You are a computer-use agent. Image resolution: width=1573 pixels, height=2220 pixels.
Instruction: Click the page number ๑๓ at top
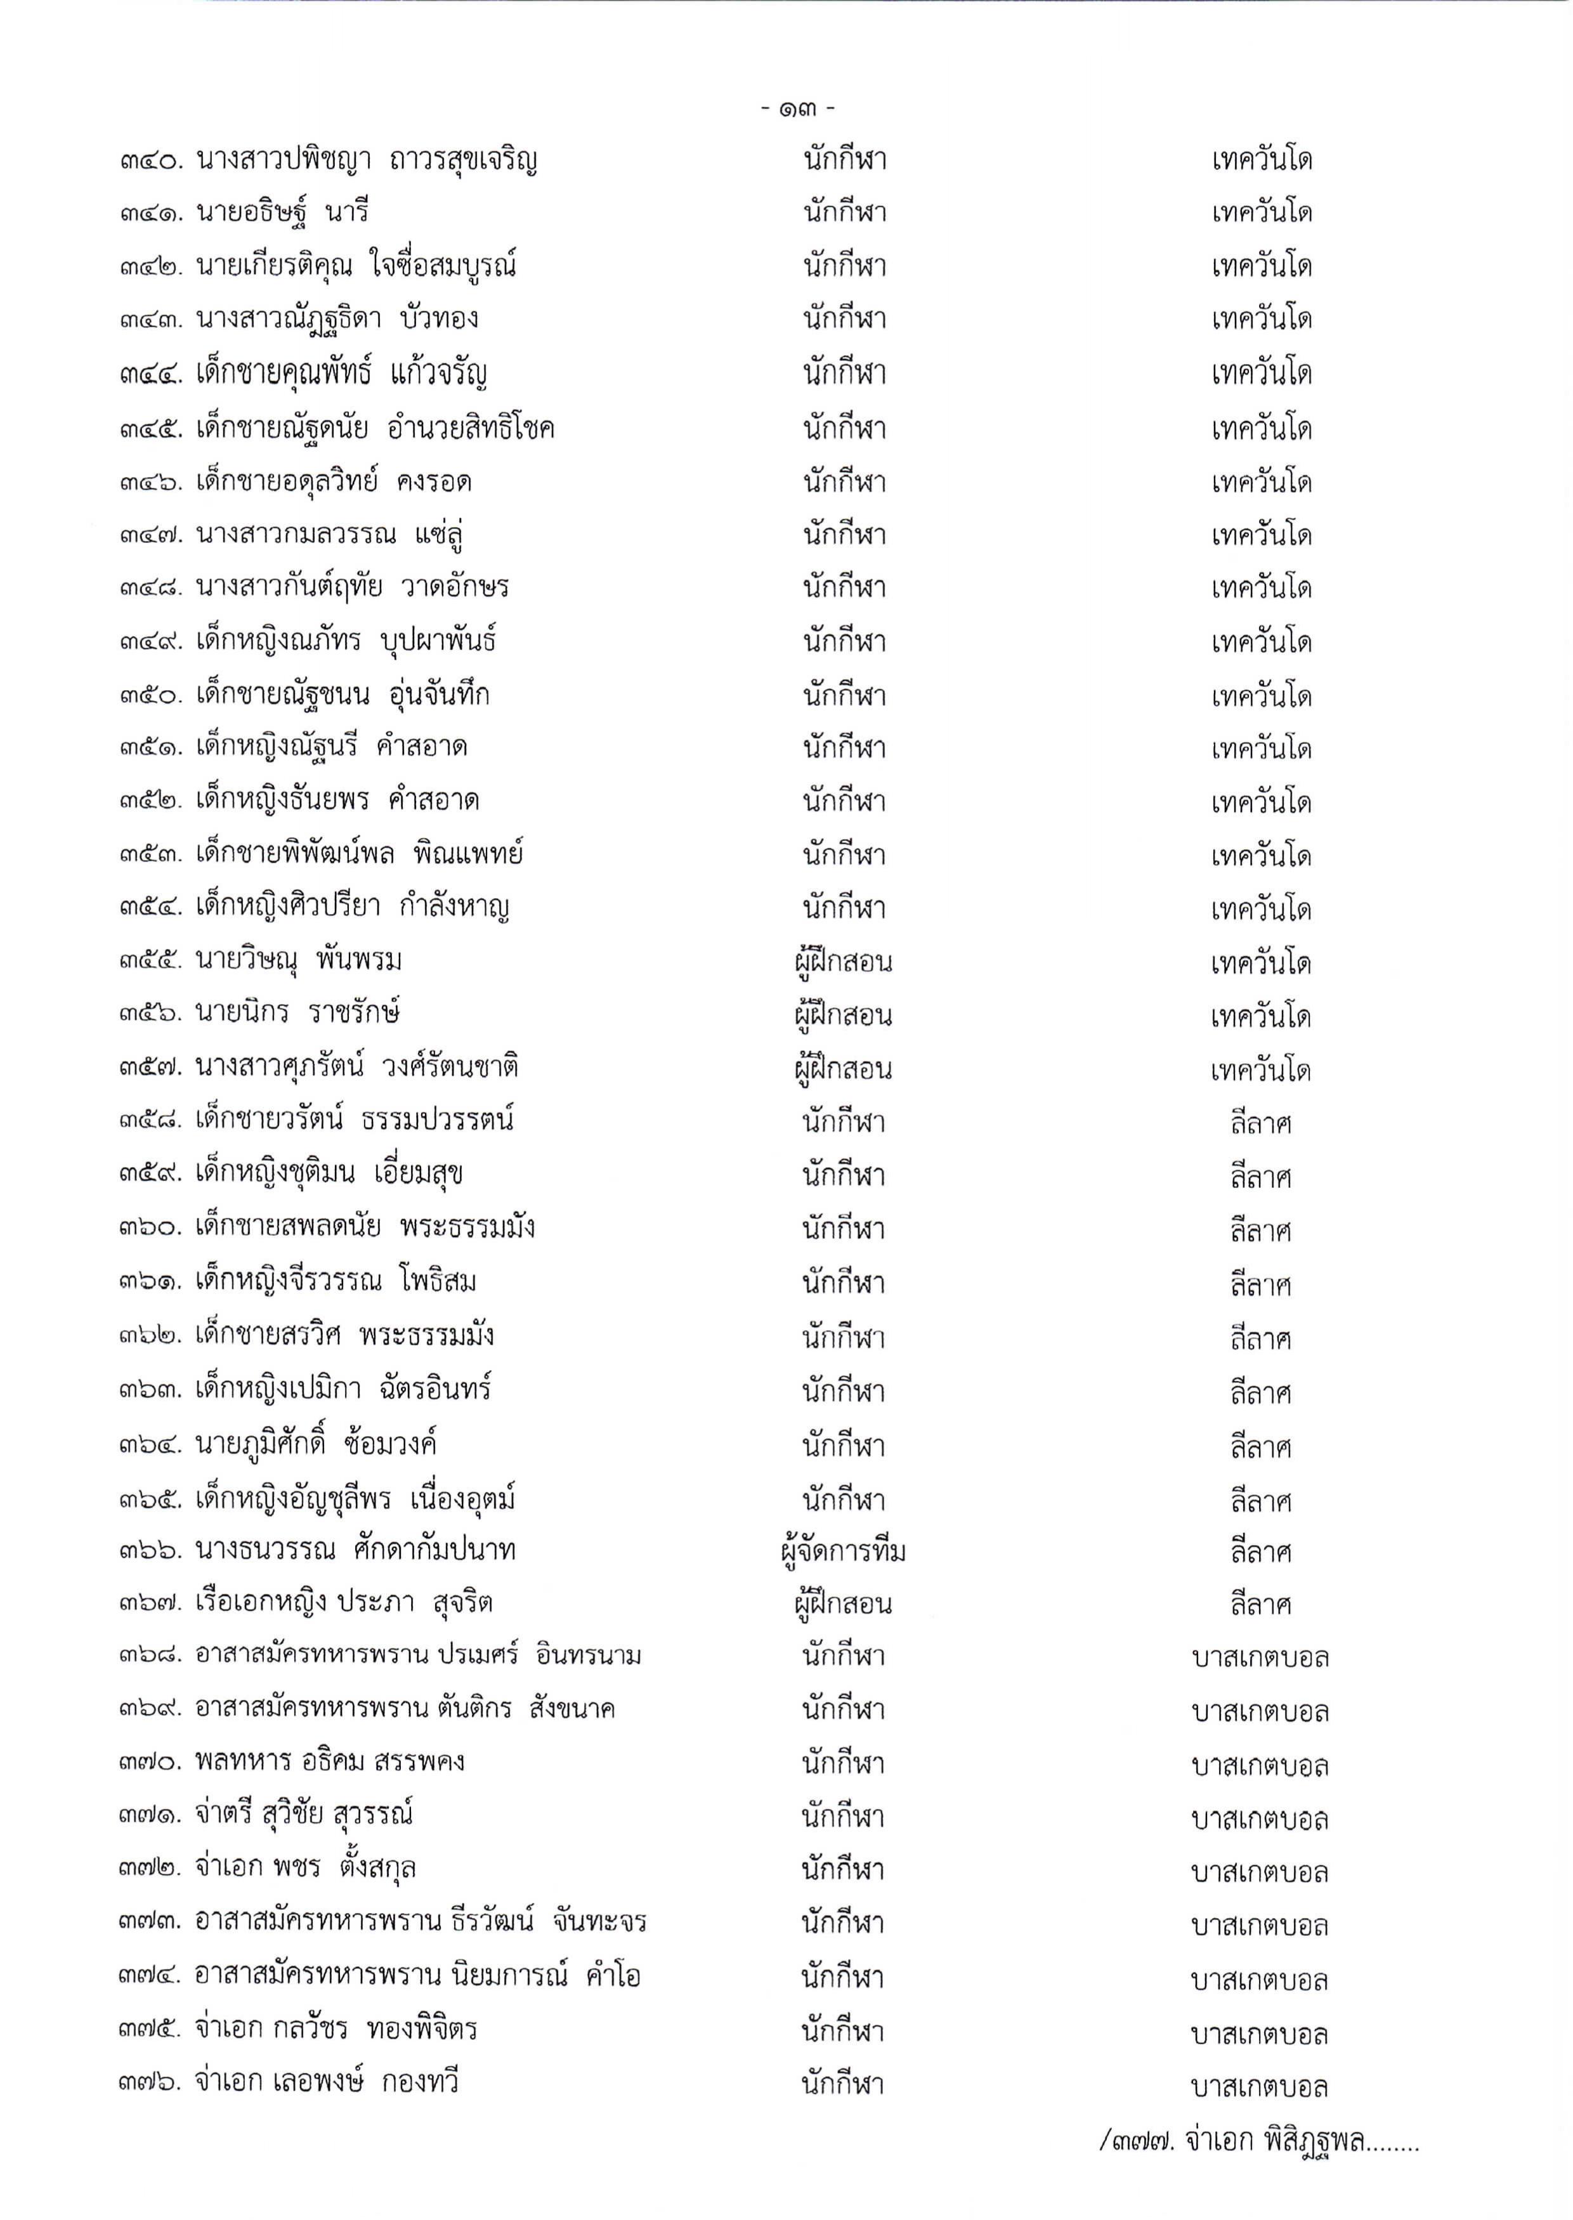[797, 108]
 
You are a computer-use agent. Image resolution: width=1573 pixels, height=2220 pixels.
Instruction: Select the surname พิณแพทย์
[468, 854]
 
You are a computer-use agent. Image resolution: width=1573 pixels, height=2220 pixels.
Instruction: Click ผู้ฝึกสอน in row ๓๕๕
[842, 962]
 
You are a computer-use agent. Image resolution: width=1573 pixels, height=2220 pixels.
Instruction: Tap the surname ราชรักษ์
[355, 1013]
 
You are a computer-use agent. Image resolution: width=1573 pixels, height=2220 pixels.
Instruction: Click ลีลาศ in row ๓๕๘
[1260, 1123]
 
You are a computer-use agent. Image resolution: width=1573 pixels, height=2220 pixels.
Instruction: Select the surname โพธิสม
[437, 1281]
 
